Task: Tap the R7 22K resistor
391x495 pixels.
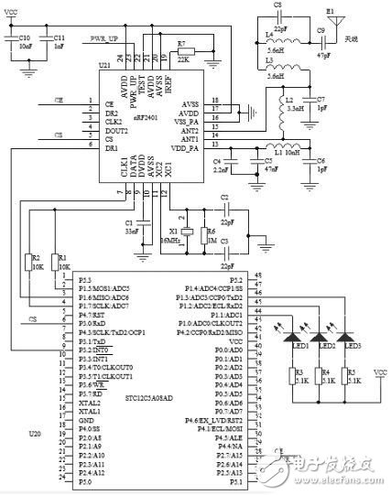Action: [182, 54]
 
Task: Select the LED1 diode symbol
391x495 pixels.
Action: [297, 333]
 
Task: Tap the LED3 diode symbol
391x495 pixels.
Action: [349, 333]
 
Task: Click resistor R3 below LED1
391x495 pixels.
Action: [297, 375]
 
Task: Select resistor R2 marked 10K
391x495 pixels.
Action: [27, 263]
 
